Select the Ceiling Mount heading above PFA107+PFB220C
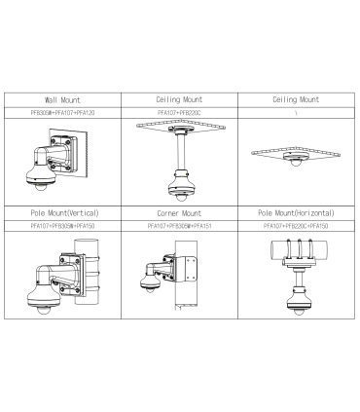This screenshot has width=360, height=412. [179, 99]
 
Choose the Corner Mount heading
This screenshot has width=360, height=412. [179, 211]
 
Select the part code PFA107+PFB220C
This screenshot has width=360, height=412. [179, 114]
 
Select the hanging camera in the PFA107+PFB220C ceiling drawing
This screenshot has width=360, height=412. [179, 184]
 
